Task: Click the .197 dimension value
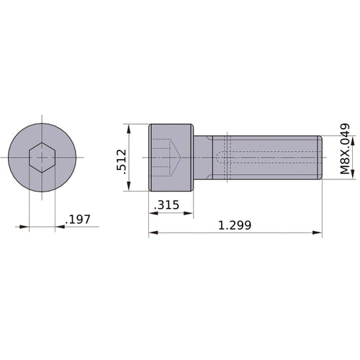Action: [x=78, y=220]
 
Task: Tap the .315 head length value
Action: [x=167, y=206]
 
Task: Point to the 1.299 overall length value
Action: [x=235, y=225]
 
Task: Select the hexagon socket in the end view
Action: [x=42, y=157]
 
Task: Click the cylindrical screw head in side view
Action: [x=171, y=157]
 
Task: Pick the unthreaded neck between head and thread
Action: [x=203, y=157]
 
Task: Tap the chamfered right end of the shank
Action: [x=319, y=157]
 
